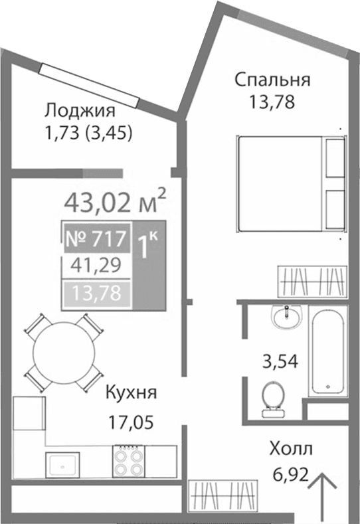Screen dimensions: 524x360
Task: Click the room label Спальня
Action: coord(272,80)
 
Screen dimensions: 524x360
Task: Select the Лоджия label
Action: coord(80,110)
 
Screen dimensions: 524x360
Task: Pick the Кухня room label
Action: coord(130,393)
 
